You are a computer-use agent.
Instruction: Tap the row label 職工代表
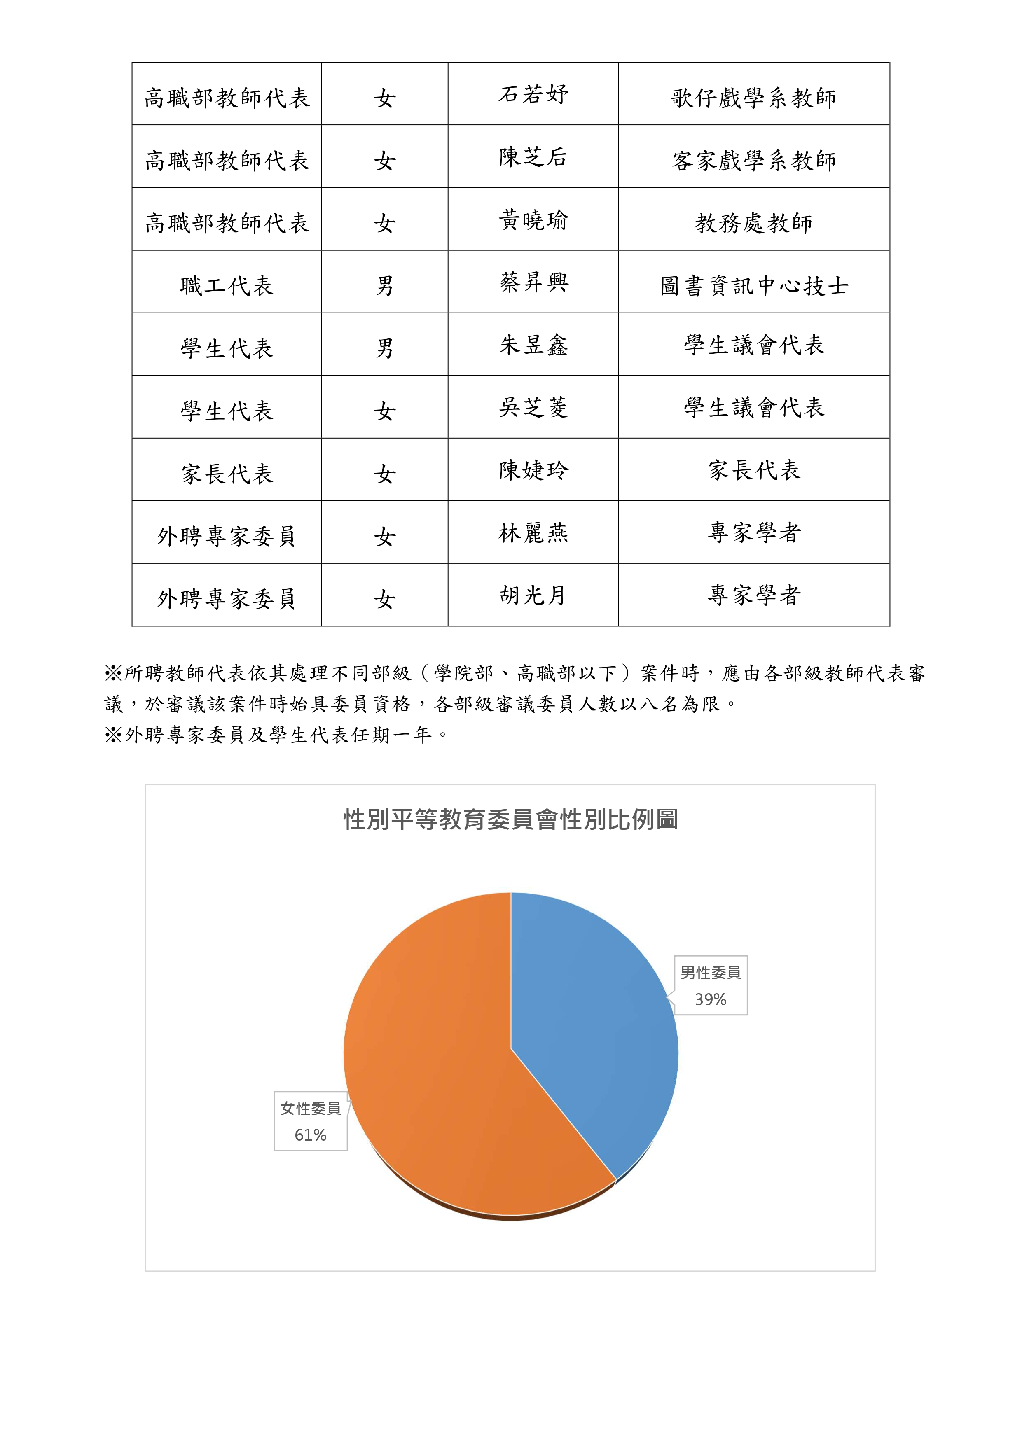tap(226, 286)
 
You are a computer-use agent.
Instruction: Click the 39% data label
tap(710, 999)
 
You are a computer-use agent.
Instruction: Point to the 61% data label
tap(311, 1135)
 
